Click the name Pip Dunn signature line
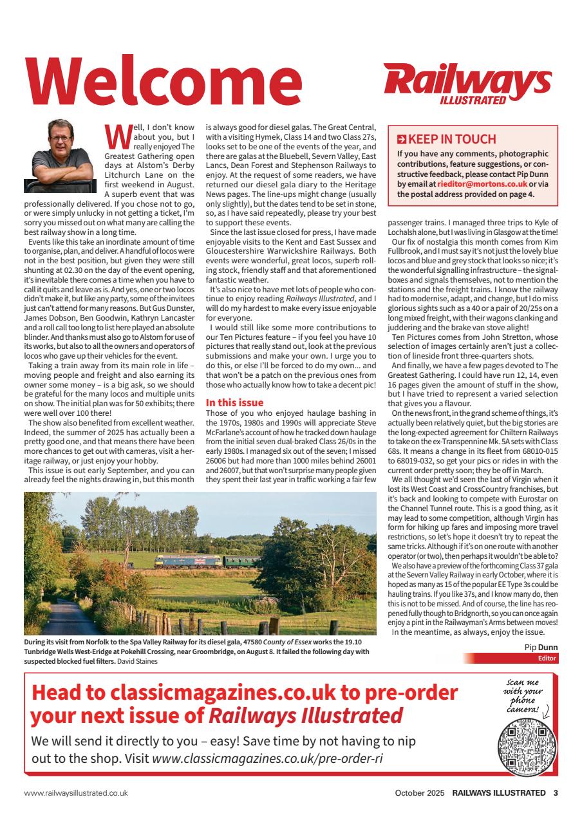541,647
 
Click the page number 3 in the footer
555,792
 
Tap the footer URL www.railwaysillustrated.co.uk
76,792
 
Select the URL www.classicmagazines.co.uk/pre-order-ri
267,758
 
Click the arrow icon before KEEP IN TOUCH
402,139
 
